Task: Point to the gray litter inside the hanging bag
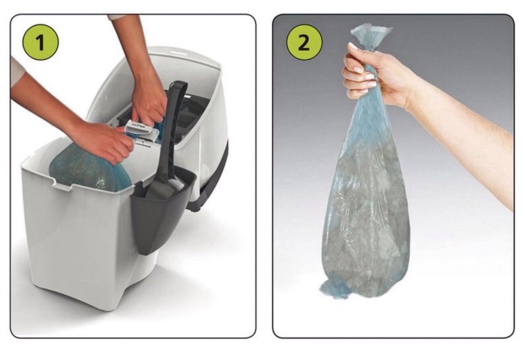pyautogui.click(x=366, y=220)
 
